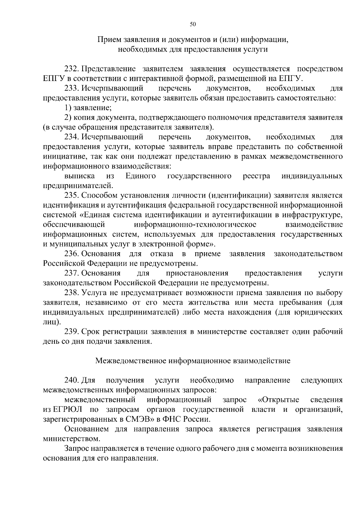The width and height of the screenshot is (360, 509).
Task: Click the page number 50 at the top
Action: click(x=193, y=25)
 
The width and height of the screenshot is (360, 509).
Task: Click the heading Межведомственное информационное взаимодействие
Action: click(x=193, y=361)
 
